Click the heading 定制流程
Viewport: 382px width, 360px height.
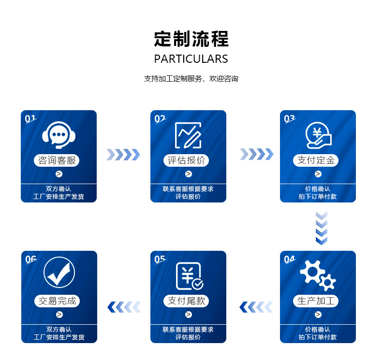coord(191,39)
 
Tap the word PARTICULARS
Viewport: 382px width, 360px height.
coord(191,59)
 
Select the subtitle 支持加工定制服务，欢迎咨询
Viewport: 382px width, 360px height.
coord(191,78)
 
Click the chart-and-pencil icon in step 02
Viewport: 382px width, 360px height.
coord(188,135)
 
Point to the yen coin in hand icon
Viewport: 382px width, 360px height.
coord(318,135)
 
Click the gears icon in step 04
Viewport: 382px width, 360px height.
coord(318,275)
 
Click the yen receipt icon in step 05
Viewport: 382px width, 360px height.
coord(189,275)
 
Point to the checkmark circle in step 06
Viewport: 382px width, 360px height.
coord(59,273)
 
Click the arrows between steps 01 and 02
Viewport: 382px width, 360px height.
coord(123,155)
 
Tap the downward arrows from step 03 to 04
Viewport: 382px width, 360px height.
coord(321,227)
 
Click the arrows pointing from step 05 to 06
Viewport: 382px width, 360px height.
coord(123,306)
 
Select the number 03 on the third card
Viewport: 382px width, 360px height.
coord(289,118)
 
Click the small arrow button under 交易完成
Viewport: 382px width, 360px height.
coord(59,315)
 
